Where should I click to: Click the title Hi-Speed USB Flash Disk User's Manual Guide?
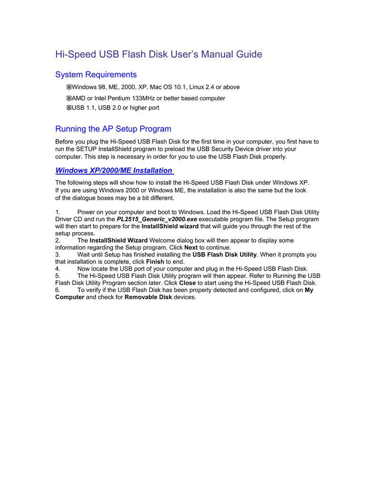click(159, 54)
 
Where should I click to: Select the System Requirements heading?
click(96, 75)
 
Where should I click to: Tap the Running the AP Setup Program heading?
click(113, 129)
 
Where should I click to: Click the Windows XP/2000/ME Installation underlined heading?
click(114, 170)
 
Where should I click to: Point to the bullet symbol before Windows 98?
click(69, 87)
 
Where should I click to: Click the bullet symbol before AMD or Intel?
click(69, 98)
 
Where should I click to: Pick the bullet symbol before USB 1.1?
click(69, 108)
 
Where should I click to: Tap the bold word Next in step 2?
click(191, 248)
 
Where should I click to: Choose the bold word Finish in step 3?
click(155, 262)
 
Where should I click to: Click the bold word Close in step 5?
click(187, 283)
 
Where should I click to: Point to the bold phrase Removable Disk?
click(148, 297)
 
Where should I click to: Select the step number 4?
click(58, 269)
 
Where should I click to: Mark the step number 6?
click(58, 290)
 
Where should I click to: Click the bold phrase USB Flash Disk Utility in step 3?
click(224, 255)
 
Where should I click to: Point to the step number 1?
click(58, 212)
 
